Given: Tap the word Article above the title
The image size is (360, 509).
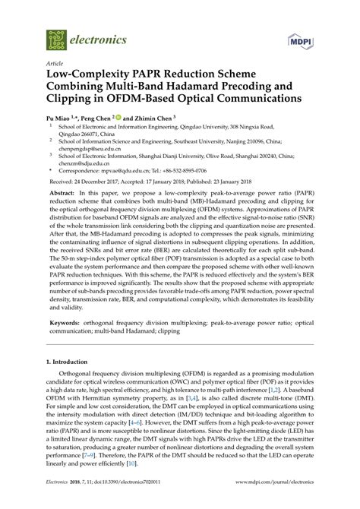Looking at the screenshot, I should click(x=55, y=65).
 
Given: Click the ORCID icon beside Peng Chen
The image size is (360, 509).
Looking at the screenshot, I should click(x=118, y=119).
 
